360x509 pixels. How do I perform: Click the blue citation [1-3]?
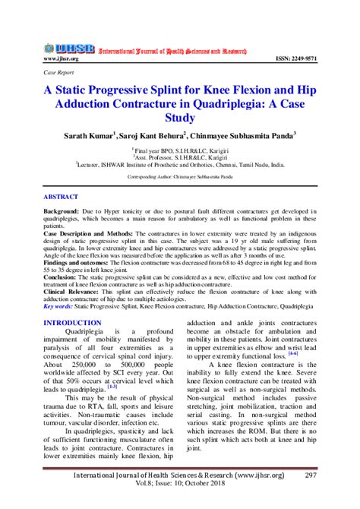click(x=112, y=386)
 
